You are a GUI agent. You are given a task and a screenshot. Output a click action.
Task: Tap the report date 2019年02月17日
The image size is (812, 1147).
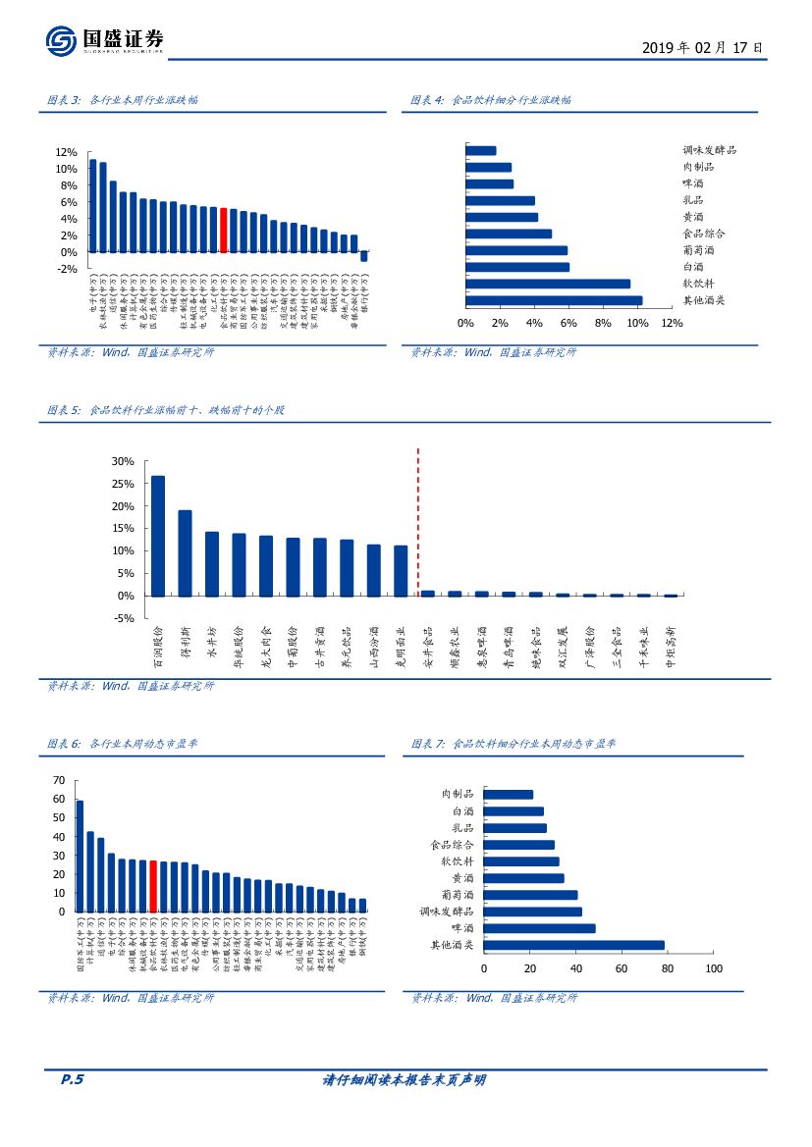coord(702,47)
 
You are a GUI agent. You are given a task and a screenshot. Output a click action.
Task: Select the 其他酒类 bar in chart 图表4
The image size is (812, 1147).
coord(554,300)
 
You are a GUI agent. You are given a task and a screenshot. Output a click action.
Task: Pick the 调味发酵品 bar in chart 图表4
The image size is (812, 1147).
coord(481,151)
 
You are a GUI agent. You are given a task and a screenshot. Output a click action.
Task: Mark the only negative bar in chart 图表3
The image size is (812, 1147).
coord(364,256)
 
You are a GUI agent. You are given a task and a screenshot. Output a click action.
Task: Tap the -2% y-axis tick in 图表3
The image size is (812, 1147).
coord(66,268)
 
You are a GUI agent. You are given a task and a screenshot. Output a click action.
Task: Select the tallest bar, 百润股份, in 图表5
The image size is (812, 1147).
coord(158,536)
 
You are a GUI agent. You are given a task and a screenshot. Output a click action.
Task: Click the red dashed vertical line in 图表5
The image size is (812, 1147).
coord(418,520)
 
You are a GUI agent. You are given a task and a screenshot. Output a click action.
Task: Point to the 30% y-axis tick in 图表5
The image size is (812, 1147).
coord(123,461)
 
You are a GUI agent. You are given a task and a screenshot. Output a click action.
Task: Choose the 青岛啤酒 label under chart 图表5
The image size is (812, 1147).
coord(508,647)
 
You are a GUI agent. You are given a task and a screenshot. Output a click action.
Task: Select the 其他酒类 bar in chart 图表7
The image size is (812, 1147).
coord(574,945)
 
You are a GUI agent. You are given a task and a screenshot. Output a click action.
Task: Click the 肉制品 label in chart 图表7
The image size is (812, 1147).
coord(458,794)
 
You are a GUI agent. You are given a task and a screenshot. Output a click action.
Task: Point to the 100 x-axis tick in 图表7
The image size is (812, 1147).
coord(713,968)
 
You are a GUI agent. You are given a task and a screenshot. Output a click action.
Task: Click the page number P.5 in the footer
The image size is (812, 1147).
coord(73,1080)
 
